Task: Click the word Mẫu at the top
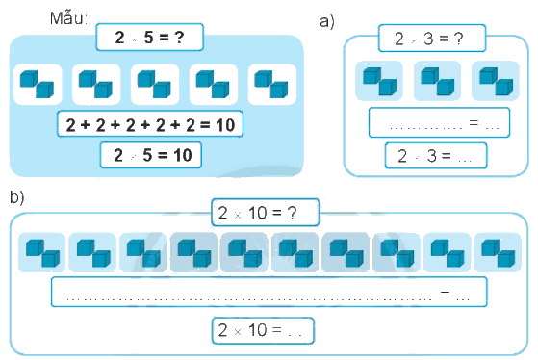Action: (68, 18)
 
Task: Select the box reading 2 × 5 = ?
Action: (150, 38)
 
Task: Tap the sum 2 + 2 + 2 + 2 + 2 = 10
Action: (150, 124)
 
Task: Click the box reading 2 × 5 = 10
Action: (151, 155)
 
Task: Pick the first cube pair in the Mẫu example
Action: (38, 84)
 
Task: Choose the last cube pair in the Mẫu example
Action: (271, 84)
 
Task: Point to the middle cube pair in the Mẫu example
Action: (155, 84)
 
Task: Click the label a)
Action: (327, 22)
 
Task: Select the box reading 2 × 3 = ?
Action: (432, 39)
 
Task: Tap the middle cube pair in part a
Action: (438, 81)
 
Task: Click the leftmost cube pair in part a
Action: (379, 81)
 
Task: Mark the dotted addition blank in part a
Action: (439, 122)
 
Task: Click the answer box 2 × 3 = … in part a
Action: (436, 156)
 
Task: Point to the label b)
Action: (17, 197)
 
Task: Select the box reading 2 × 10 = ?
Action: (265, 213)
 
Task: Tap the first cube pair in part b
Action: (41, 252)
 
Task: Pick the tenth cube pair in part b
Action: (498, 252)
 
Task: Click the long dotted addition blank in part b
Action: (269, 292)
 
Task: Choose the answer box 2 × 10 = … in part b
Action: (263, 330)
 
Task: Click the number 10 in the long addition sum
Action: (225, 125)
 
